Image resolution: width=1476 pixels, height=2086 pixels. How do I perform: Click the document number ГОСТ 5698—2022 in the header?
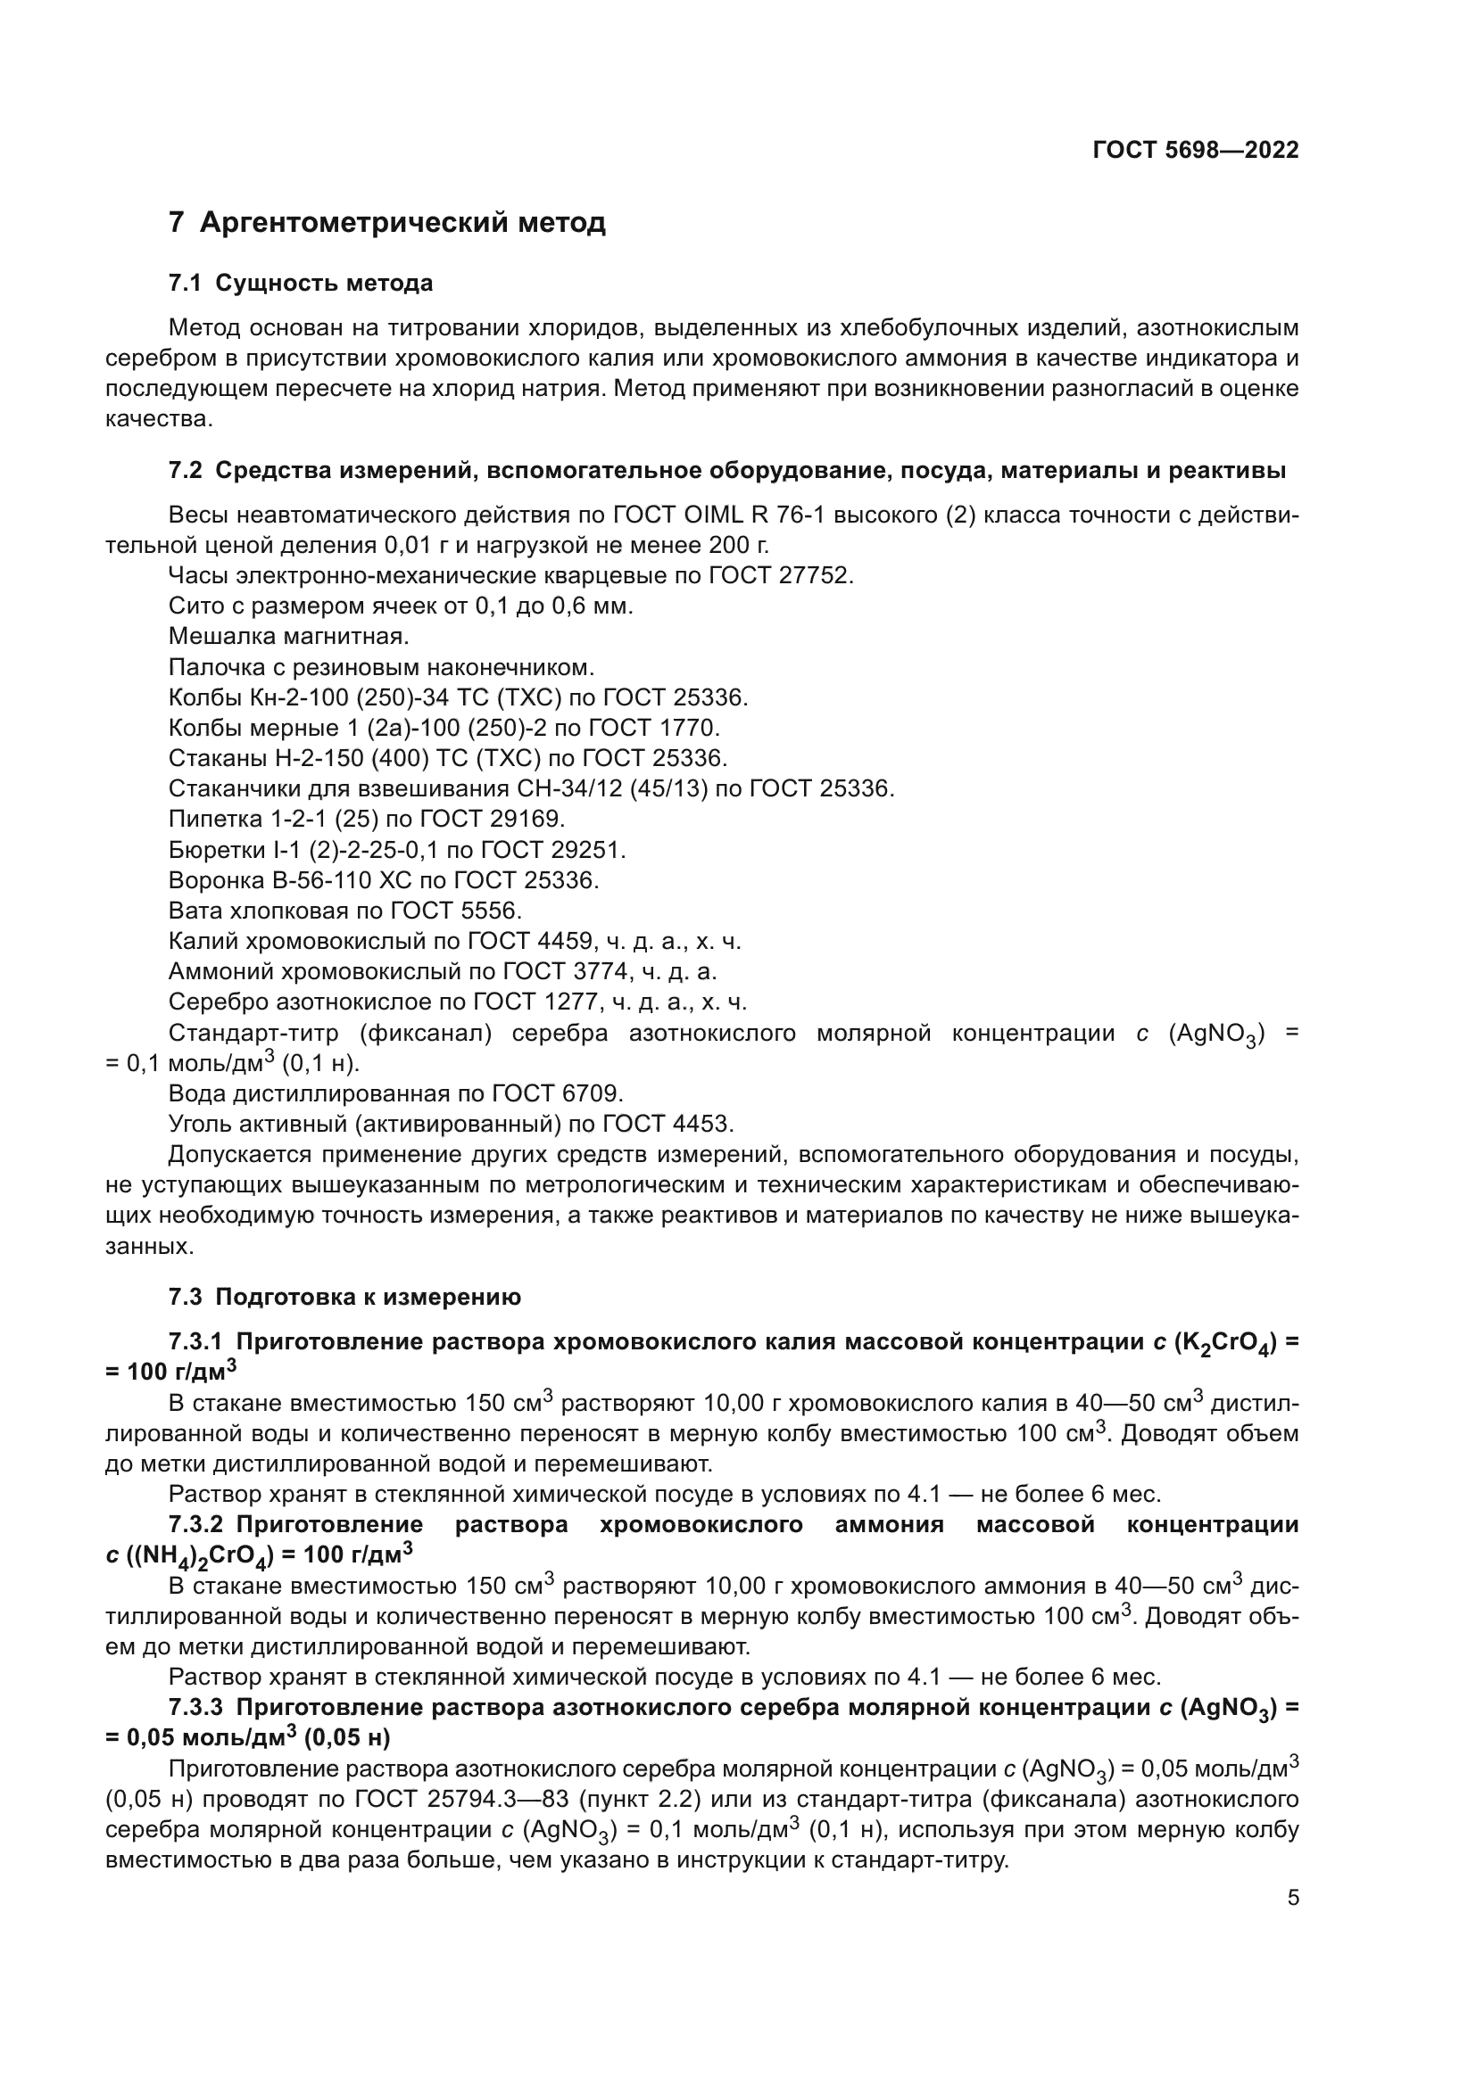tap(1195, 151)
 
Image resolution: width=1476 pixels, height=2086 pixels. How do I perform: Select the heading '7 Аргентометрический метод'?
tap(386, 223)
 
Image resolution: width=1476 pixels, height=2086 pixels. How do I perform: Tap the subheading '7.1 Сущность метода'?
tap(300, 284)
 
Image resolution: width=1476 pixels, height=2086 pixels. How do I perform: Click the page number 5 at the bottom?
tap(1292, 1899)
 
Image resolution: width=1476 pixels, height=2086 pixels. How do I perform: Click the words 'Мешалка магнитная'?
tap(289, 636)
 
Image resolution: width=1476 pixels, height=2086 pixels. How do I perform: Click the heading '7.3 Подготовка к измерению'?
tap(344, 1298)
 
